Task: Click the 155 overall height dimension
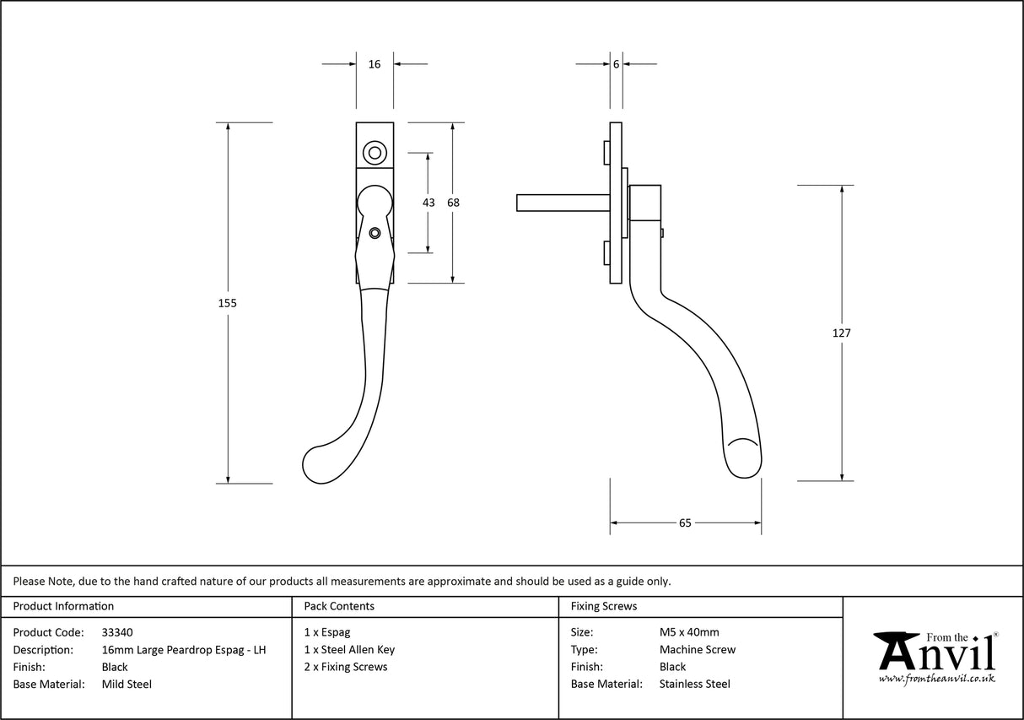coord(228,303)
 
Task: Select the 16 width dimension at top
coord(375,64)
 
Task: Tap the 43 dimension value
coord(428,203)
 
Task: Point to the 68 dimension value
coord(453,203)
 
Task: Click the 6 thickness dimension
coord(617,64)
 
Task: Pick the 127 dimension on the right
coord(841,333)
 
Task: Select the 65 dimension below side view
coord(685,523)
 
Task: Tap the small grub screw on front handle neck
coord(375,232)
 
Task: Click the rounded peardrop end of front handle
coord(320,463)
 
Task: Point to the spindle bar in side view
coord(561,203)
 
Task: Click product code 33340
coord(116,632)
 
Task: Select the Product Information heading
coord(63,606)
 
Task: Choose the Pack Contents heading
coord(339,606)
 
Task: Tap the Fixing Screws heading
coord(604,606)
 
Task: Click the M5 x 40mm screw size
coord(689,632)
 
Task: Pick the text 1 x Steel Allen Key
coord(349,650)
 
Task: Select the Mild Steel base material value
coord(127,685)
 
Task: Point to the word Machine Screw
coord(698,650)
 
